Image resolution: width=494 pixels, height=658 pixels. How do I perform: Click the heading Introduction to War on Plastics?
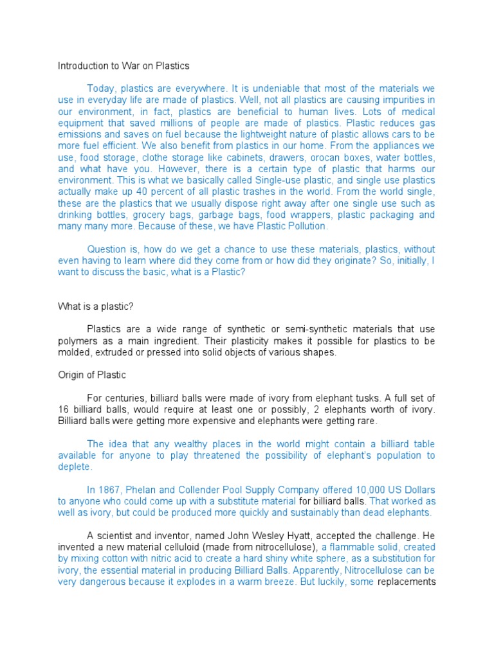coord(123,66)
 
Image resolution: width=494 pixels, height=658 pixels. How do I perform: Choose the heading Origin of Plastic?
coord(92,375)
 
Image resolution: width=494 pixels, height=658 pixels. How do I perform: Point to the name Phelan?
coord(147,490)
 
